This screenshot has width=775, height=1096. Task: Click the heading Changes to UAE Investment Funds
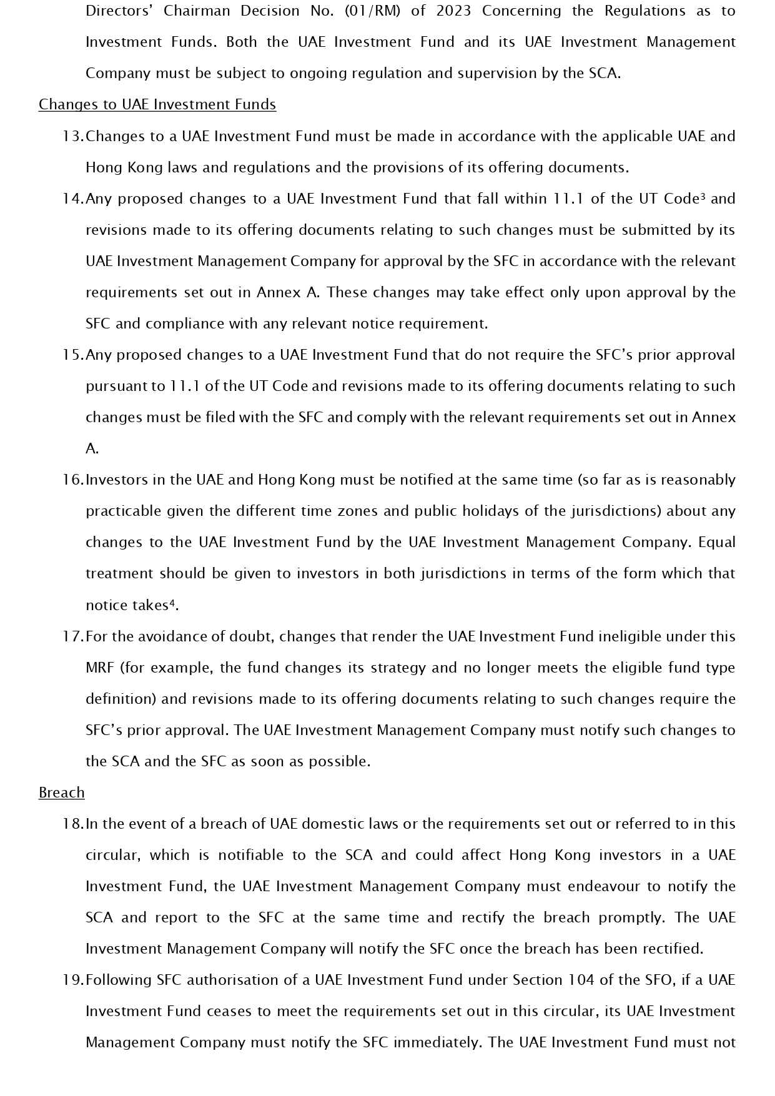click(157, 104)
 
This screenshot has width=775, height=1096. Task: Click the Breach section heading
click(61, 792)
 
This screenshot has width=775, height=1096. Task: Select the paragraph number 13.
click(72, 136)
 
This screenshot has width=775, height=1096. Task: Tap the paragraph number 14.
click(72, 199)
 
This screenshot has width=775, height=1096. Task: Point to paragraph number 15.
click(72, 355)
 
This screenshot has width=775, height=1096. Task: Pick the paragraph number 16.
click(72, 480)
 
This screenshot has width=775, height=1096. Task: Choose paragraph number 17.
click(72, 636)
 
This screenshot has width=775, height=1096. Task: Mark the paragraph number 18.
click(72, 824)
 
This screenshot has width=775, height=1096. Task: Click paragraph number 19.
click(72, 980)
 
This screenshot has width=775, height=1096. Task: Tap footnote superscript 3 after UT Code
click(703, 196)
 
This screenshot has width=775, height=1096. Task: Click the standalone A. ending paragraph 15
click(92, 448)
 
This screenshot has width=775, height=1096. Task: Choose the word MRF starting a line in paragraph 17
click(100, 668)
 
